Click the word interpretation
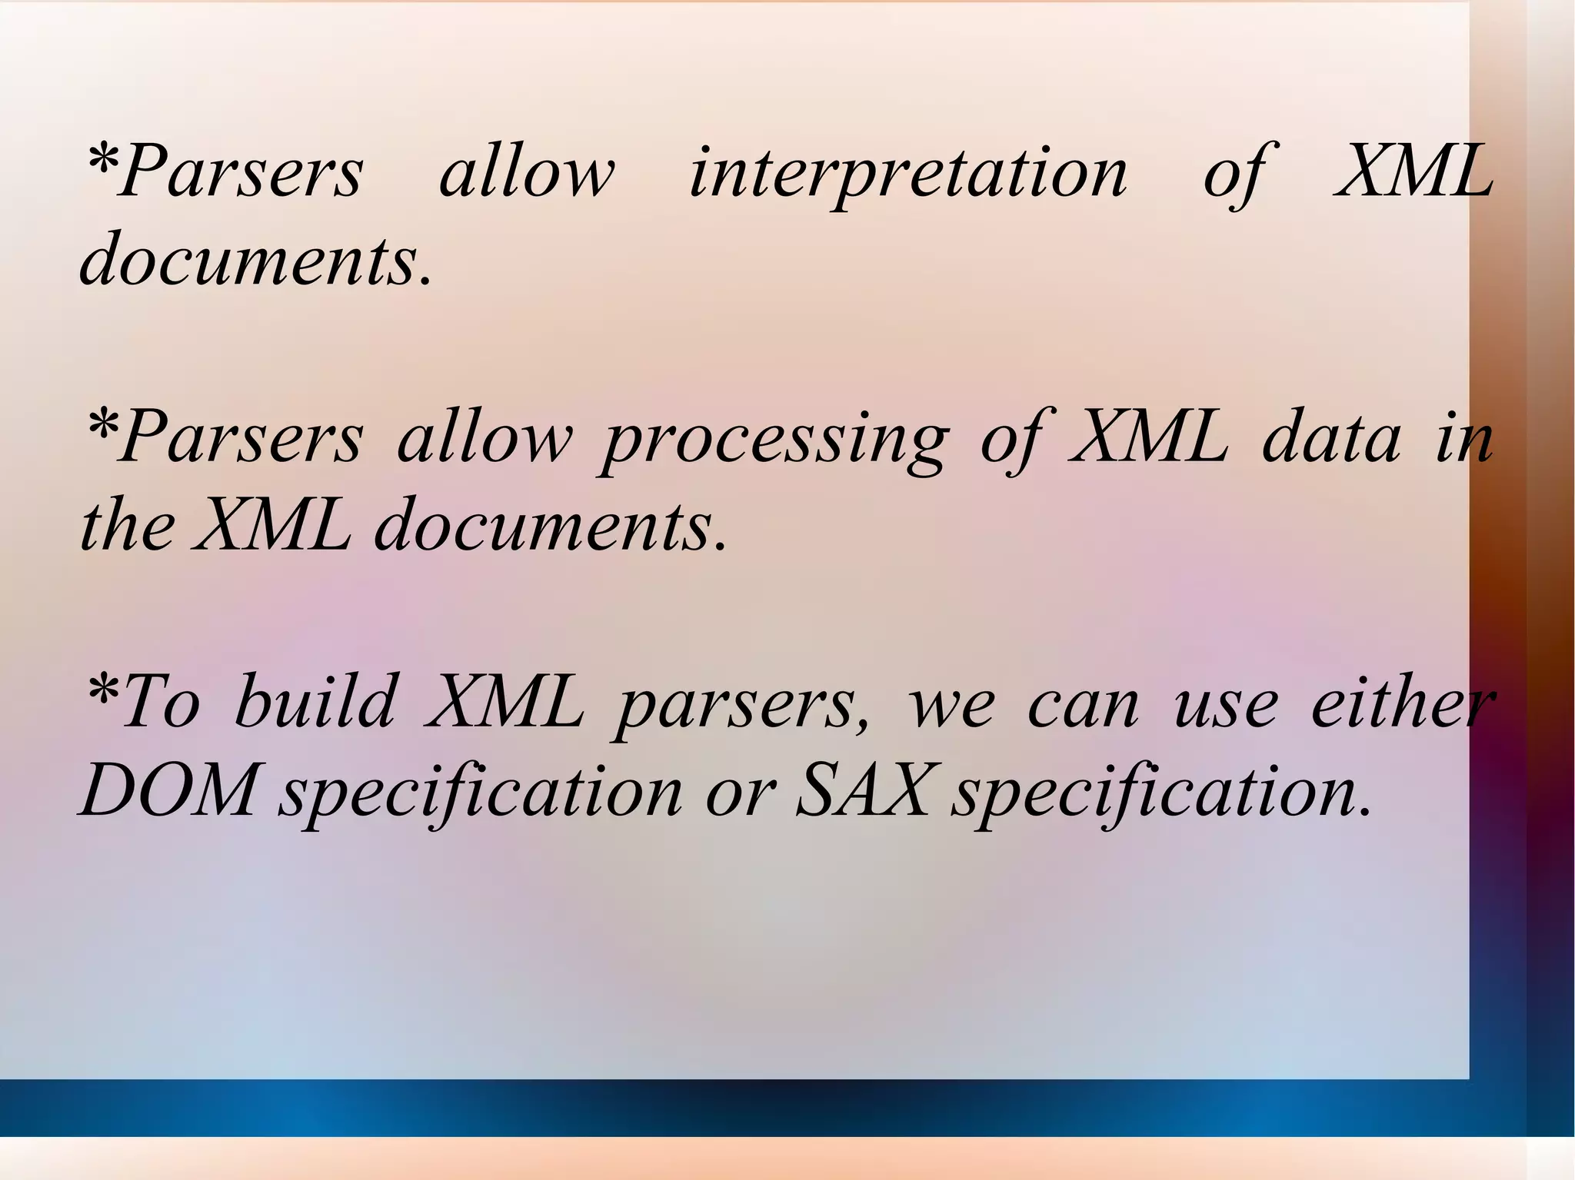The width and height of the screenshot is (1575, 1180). click(907, 173)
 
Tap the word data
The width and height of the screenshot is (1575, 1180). click(1331, 438)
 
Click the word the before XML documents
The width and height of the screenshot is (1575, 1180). click(127, 527)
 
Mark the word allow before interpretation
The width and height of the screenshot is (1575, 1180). click(527, 173)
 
